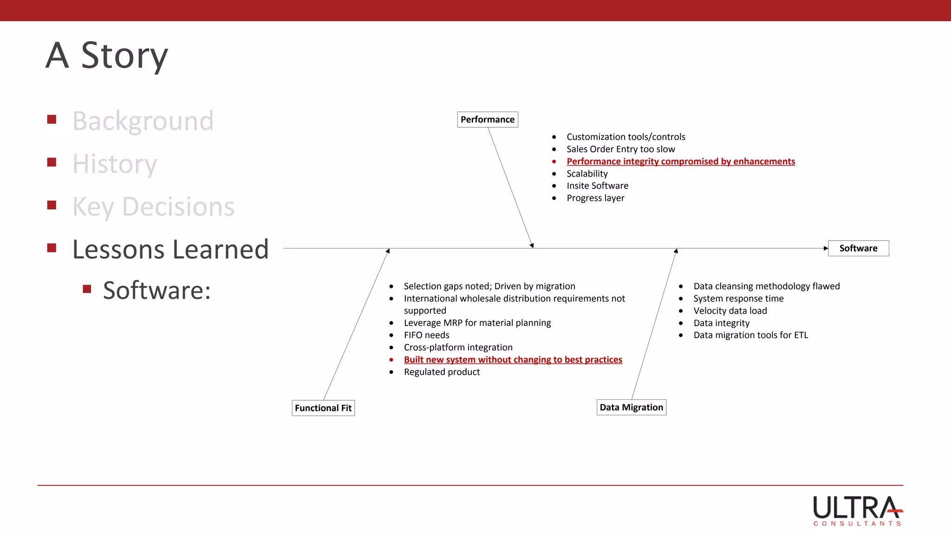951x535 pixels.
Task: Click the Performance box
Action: [487, 119]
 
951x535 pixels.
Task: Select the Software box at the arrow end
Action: [858, 248]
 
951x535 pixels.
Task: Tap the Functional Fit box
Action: [323, 408]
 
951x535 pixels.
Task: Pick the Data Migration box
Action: [631, 407]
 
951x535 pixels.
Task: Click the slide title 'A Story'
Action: [107, 55]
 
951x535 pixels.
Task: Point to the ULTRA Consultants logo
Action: [857, 510]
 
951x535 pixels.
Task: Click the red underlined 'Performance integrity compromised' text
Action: [680, 161]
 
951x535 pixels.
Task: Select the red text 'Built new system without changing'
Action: [513, 359]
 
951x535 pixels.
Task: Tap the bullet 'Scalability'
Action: [587, 173]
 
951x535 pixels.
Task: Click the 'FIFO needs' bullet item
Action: [426, 335]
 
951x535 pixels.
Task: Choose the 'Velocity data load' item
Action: [730, 311]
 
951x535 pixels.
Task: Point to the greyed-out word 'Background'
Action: [143, 121]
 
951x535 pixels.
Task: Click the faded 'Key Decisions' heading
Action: [153, 207]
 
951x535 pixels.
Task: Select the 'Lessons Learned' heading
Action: [170, 249]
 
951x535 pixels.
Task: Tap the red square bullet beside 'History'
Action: [52, 162]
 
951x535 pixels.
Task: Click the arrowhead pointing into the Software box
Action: [826, 248]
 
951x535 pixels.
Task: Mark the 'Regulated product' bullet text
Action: [442, 372]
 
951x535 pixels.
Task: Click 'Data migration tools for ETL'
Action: [750, 335]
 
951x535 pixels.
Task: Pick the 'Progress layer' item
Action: [595, 198]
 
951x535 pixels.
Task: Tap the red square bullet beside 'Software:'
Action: [87, 289]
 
